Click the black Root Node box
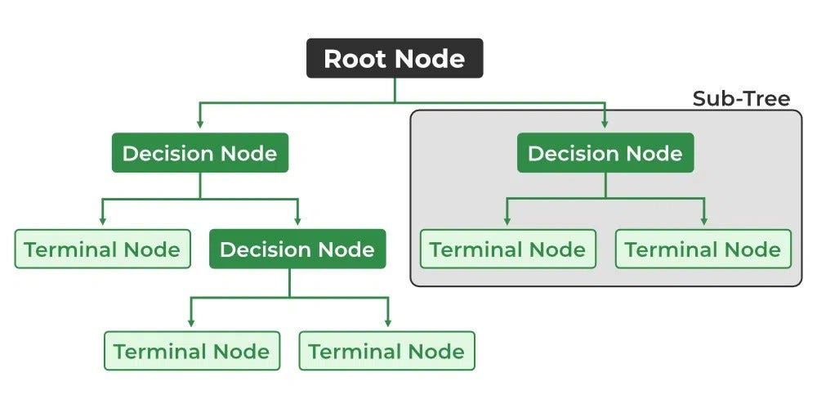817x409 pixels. (x=395, y=59)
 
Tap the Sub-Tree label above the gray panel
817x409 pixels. (x=741, y=99)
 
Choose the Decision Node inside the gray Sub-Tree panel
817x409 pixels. (x=605, y=153)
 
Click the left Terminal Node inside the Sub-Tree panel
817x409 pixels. (x=507, y=249)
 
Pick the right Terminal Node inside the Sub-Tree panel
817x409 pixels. (x=703, y=249)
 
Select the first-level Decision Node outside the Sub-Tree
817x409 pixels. (x=199, y=153)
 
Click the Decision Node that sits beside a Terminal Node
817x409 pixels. (x=297, y=249)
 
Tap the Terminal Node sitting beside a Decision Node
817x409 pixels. (x=102, y=249)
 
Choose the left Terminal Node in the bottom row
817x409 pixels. (x=191, y=351)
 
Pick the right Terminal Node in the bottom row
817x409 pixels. (x=386, y=351)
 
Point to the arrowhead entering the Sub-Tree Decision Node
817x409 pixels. (x=605, y=124)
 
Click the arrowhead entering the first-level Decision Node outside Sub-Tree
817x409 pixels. (x=199, y=124)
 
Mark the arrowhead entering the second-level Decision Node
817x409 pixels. (x=297, y=221)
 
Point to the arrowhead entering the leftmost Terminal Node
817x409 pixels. (x=102, y=221)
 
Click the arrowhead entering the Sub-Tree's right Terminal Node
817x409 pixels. (x=703, y=221)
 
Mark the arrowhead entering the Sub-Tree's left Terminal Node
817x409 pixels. (x=507, y=221)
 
